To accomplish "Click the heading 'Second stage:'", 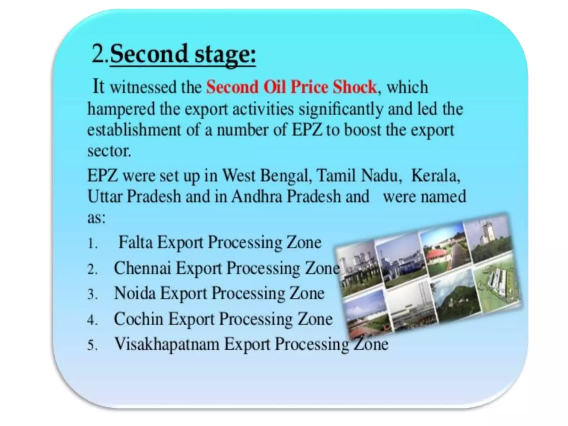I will point(182,54).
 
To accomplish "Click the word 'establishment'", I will point(134,130).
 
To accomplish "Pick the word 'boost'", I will point(362,130).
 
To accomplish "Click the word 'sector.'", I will point(109,151).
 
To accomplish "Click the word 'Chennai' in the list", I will point(143,268).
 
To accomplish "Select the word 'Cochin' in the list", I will point(139,319).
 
